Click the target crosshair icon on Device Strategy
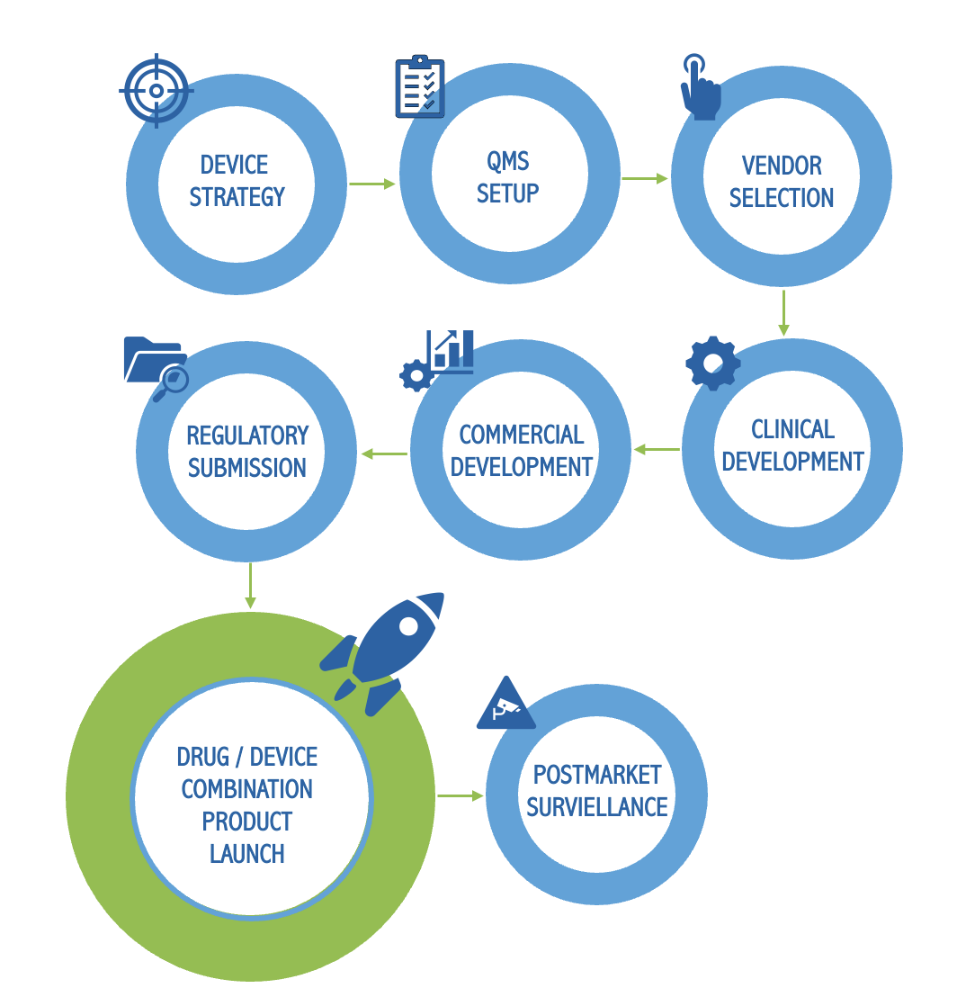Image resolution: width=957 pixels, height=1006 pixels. [x=156, y=90]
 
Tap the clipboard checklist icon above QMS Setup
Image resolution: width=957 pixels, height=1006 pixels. [x=420, y=87]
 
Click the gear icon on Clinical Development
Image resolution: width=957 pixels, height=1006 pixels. [x=712, y=363]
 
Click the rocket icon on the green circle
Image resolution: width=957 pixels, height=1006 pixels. [x=387, y=648]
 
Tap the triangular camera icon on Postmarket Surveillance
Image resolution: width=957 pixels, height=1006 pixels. [x=505, y=705]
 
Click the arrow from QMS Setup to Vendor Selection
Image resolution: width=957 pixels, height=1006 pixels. [x=645, y=178]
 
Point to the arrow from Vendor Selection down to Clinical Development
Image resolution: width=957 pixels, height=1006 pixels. [x=783, y=313]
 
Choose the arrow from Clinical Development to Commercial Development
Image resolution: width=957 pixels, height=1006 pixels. [x=657, y=449]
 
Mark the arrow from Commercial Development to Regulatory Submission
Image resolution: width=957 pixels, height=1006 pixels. [x=384, y=454]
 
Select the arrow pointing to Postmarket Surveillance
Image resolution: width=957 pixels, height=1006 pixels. [x=461, y=795]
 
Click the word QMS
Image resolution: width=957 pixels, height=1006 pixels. [x=508, y=162]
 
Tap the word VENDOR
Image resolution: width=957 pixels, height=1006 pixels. [x=782, y=166]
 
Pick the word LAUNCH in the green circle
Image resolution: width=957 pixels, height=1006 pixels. [x=246, y=853]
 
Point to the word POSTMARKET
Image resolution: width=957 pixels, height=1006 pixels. [x=597, y=775]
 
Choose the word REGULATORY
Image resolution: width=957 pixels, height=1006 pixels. [x=247, y=436]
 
